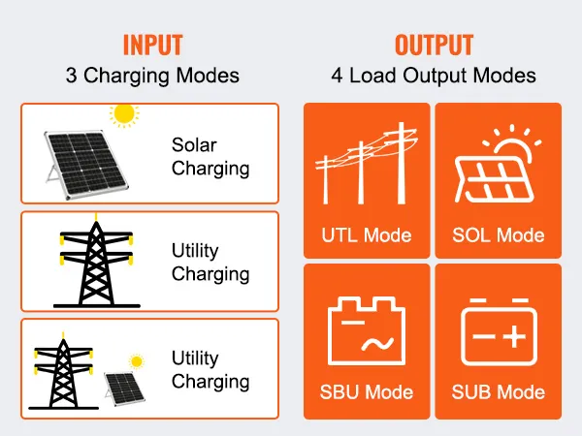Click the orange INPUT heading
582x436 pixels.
pyautogui.click(x=152, y=45)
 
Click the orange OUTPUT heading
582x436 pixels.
pyautogui.click(x=434, y=45)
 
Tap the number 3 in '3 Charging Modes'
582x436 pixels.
pyautogui.click(x=71, y=76)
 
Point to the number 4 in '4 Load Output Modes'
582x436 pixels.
pyautogui.click(x=337, y=76)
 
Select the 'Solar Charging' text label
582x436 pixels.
pyautogui.click(x=210, y=157)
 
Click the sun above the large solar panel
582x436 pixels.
pyautogui.click(x=124, y=114)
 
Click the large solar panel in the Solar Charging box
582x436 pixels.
pyautogui.click(x=86, y=165)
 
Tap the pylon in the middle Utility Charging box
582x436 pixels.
pyautogui.click(x=96, y=261)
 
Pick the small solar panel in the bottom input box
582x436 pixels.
pyautogui.click(x=125, y=389)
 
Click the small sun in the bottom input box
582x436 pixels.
pyautogui.click(x=136, y=361)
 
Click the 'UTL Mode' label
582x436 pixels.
pyautogui.click(x=367, y=235)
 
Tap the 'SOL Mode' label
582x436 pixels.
pyautogui.click(x=499, y=235)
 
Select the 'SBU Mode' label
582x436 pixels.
pyautogui.click(x=367, y=391)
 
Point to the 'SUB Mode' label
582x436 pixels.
pyautogui.click(x=499, y=391)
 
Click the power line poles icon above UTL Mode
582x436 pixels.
pyautogui.click(x=367, y=163)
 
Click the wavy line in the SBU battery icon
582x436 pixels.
pyautogui.click(x=377, y=344)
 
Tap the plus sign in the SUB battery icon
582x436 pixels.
pyautogui.click(x=514, y=336)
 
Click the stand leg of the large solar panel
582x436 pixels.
pyautogui.click(x=51, y=174)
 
